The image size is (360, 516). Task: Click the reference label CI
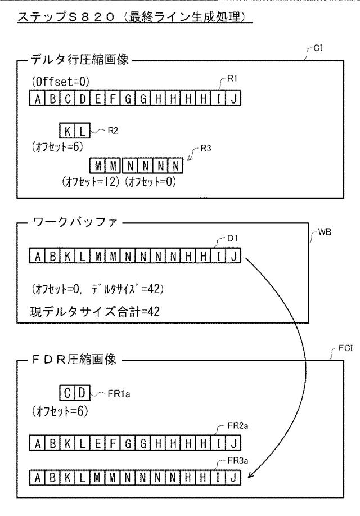318,48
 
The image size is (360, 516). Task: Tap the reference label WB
325,232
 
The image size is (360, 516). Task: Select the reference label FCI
345,348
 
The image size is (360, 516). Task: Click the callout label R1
232,78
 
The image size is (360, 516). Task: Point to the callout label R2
113,131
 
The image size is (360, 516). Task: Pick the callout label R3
206,149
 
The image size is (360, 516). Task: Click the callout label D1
232,238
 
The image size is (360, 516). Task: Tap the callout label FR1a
119,393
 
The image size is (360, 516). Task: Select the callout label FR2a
238,426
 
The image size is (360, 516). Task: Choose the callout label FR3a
238,460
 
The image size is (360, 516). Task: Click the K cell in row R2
67,131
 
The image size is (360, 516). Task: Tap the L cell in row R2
82,131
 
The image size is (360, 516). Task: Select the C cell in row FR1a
67,393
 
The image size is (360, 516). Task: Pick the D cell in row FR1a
82,393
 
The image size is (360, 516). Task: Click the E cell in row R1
98,98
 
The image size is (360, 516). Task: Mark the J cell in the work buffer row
233,255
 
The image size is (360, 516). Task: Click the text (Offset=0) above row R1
61,81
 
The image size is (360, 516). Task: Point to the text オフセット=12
91,182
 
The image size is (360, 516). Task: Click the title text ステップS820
66,17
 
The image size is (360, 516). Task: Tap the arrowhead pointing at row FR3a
251,474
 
